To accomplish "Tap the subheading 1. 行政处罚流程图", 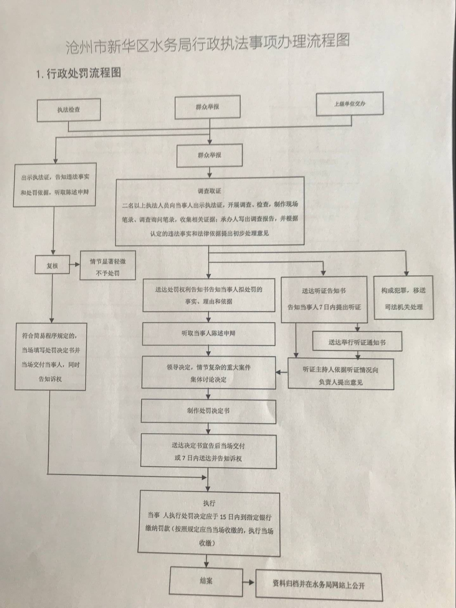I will (78, 73).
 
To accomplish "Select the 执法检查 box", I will (69, 110).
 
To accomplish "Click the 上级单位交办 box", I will (350, 104).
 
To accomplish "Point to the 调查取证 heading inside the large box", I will (209, 191).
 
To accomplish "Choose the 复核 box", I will (52, 266).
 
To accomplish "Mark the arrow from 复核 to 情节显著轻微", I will (75, 264).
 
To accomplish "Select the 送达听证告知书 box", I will (324, 299).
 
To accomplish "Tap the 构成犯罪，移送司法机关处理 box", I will (403, 298).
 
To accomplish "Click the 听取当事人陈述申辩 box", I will (209, 333).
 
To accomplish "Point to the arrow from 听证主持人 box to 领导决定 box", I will (282, 372).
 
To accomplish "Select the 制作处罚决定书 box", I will (208, 411).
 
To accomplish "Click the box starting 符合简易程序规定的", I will (50, 357).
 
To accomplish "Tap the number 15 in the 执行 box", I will (223, 517).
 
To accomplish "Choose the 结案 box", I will (206, 581).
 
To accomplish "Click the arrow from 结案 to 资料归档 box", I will (249, 582).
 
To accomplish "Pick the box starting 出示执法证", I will (55, 185).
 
